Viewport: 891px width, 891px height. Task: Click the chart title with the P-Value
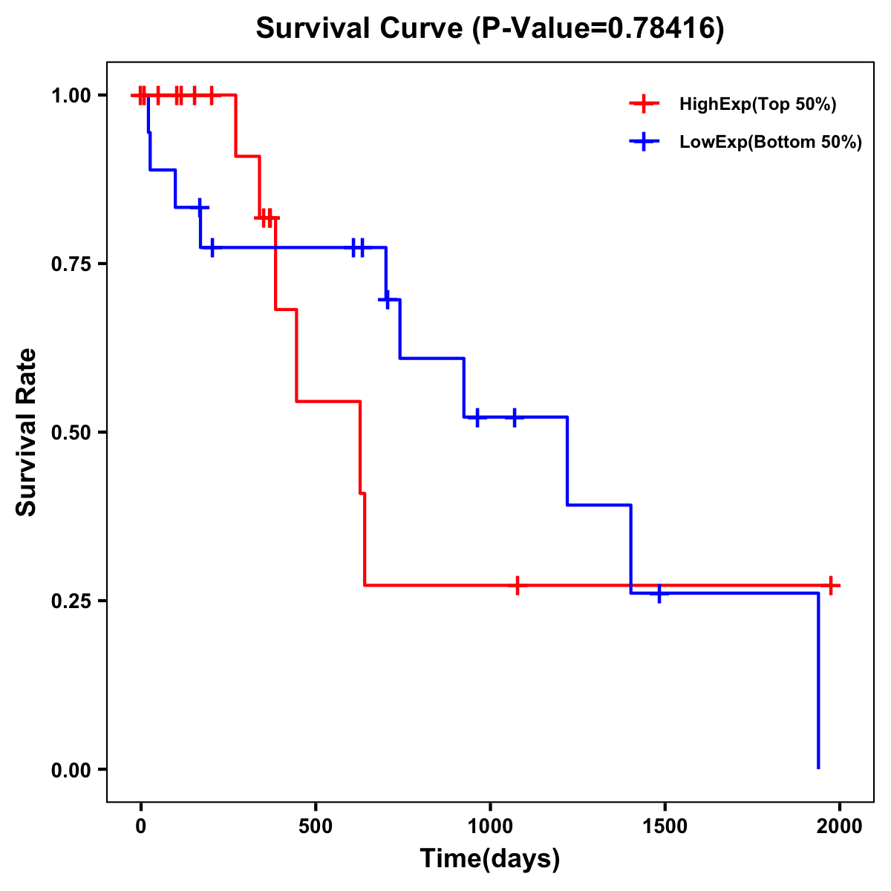tap(489, 28)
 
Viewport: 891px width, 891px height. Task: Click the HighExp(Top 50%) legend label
tap(757, 105)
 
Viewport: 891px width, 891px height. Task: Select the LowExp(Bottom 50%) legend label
tap(771, 143)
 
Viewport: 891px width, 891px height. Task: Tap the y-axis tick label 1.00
tap(71, 96)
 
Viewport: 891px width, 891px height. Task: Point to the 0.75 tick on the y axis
tap(71, 264)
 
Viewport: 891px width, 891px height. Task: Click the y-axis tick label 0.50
tap(71, 433)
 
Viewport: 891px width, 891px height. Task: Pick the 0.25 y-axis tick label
tap(71, 601)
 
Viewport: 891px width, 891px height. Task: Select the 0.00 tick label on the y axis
tap(71, 770)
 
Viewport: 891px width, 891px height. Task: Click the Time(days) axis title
tap(490, 859)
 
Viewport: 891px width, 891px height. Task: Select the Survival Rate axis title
tap(27, 432)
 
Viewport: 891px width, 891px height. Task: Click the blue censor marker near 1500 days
tap(659, 594)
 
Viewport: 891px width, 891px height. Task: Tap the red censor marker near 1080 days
tap(518, 585)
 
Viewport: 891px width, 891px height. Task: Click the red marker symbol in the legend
tap(644, 104)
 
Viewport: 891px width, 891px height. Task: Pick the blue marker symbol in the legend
tap(644, 142)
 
